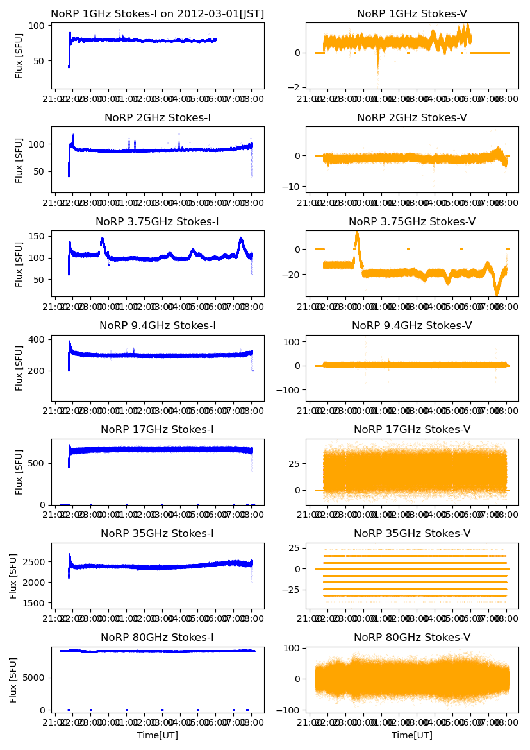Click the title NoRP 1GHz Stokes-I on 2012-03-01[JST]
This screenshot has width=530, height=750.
click(x=157, y=13)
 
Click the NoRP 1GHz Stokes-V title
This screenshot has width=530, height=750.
click(x=412, y=13)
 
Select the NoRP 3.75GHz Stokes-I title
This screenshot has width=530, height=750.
click(x=157, y=221)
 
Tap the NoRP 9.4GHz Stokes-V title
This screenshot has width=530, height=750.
click(x=412, y=325)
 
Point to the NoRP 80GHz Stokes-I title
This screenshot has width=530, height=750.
click(x=157, y=637)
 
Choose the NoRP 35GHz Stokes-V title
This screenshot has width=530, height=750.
click(x=412, y=533)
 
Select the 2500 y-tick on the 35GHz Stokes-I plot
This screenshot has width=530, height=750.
click(x=35, y=562)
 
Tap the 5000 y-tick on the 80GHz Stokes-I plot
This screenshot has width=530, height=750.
click(x=35, y=678)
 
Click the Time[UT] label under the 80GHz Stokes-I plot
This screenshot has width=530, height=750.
click(x=157, y=735)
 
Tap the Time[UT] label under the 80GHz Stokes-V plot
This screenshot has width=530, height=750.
click(x=412, y=735)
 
